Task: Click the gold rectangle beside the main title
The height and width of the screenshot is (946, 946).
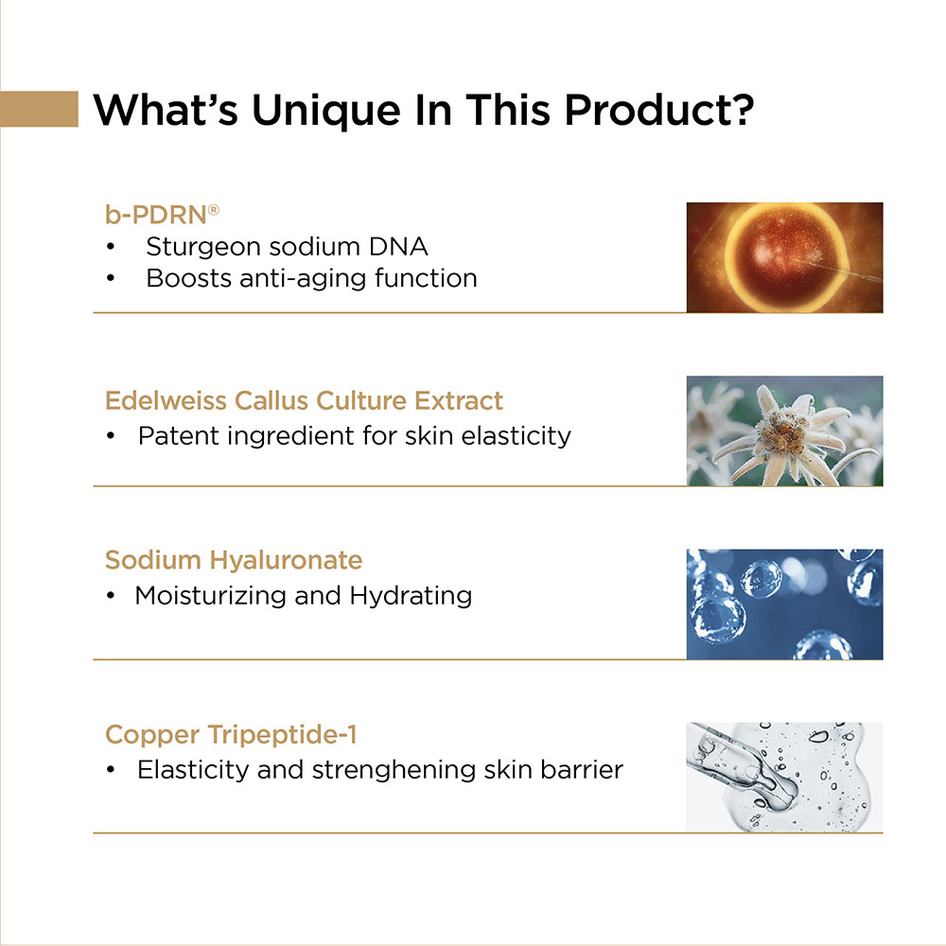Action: (x=39, y=109)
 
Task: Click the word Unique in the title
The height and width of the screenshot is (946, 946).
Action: (x=325, y=112)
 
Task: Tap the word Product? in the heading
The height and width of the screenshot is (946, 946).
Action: (x=658, y=110)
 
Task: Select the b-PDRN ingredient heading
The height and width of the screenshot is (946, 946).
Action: (x=162, y=215)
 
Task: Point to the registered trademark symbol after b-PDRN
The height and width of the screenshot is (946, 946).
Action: (x=214, y=209)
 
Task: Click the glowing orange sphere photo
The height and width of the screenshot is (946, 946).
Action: (x=784, y=257)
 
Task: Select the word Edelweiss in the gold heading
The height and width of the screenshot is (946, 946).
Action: (x=166, y=400)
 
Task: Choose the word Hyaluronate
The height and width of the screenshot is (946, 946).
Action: (x=286, y=561)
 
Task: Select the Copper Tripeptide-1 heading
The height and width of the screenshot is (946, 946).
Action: (x=231, y=735)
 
